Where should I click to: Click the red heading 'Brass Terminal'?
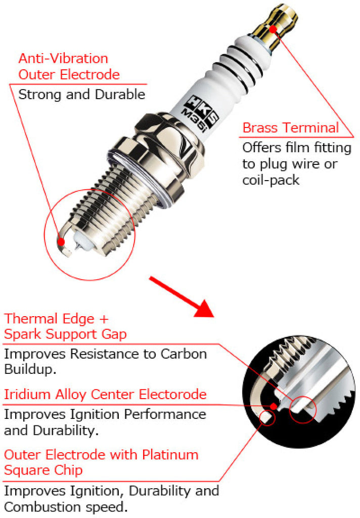[290, 127]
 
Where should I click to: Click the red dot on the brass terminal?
[273, 28]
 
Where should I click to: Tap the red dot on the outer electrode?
[61, 242]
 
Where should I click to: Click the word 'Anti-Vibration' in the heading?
[63, 58]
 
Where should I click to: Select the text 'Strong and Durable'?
[81, 94]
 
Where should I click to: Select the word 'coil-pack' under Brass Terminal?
[271, 180]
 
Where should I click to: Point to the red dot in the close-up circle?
[274, 406]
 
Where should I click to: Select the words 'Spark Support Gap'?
[66, 334]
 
